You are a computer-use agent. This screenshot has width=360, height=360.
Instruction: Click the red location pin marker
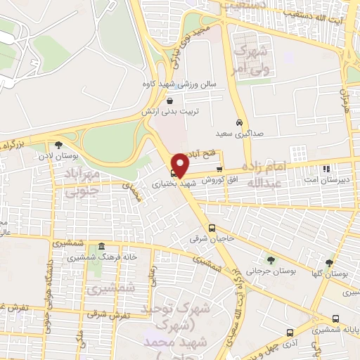180,165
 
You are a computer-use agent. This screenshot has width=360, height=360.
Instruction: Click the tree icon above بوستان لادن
67,145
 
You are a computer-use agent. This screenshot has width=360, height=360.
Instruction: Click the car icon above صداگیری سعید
240,121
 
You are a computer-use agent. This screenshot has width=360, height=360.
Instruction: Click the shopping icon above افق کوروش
219,169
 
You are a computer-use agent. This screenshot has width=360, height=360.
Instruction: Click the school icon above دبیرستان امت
326,169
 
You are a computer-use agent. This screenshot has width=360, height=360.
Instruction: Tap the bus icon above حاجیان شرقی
212,228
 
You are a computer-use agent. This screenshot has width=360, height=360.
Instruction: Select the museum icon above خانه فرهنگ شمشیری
103,247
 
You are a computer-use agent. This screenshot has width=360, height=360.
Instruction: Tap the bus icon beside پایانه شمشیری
335,319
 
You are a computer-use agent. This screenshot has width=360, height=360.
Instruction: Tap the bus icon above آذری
290,332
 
